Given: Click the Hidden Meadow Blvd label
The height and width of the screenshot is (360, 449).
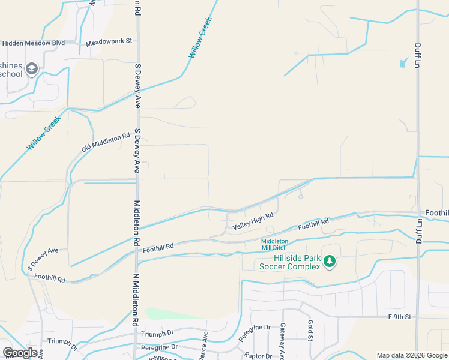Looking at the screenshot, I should tap(32, 43).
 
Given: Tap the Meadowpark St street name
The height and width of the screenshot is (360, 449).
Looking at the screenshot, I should tap(109, 41).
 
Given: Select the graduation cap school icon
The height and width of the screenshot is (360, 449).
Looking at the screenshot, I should tap(32, 69).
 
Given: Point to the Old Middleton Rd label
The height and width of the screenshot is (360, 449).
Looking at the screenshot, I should tap(106, 142).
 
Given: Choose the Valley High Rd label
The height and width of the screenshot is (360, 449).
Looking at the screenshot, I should tap(253, 220).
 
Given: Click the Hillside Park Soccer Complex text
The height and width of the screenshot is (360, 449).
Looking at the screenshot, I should tap(290, 263).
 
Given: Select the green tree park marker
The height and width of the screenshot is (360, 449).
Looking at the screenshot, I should tap(329, 262).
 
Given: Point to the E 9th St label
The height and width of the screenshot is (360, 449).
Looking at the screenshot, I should tap(399, 316).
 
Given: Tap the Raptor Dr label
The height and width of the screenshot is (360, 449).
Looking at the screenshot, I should tap(258, 356).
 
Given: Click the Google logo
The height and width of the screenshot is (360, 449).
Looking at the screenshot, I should tap(20, 353).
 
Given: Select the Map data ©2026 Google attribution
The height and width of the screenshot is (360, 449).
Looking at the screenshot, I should tap(412, 355).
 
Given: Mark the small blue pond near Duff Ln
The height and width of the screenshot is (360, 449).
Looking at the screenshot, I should tap(403, 61).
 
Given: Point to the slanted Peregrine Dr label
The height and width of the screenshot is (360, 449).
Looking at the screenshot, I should tap(252, 332).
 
